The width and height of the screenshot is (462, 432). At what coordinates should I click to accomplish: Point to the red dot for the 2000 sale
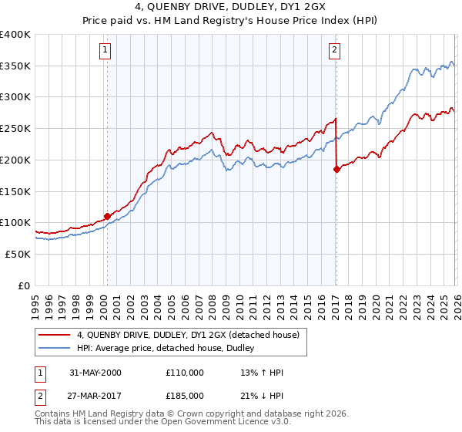coord(107,216)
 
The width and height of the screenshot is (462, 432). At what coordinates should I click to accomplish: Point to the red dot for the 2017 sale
coord(336,169)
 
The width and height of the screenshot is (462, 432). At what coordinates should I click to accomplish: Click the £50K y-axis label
coord(18,254)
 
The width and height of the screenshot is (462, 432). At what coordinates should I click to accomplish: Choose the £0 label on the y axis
coord(23,285)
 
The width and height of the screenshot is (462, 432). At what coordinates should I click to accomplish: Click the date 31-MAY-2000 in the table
coord(95,373)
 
